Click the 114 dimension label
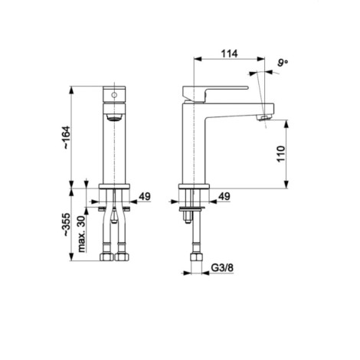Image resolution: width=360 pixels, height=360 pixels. click(229, 54)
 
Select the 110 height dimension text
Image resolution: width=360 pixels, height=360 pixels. click(280, 154)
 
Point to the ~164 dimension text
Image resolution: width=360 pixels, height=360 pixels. click(65, 138)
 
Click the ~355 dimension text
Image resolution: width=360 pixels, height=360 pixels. click(65, 224)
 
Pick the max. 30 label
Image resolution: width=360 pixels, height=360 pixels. click(81, 234)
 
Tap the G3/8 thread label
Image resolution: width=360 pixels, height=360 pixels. click(222, 268)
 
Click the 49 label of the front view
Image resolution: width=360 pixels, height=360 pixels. click(145, 196)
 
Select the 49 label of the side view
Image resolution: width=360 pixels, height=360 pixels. click(224, 196)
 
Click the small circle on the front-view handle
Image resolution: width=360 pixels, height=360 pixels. click(114, 95)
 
